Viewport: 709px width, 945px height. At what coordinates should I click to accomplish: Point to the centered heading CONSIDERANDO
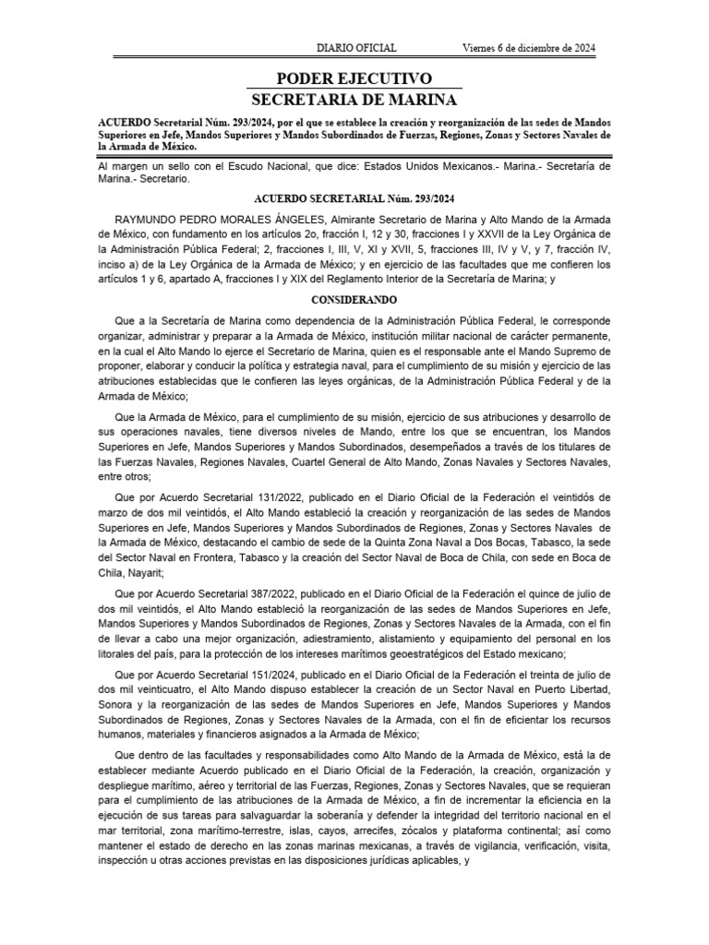click(354, 300)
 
